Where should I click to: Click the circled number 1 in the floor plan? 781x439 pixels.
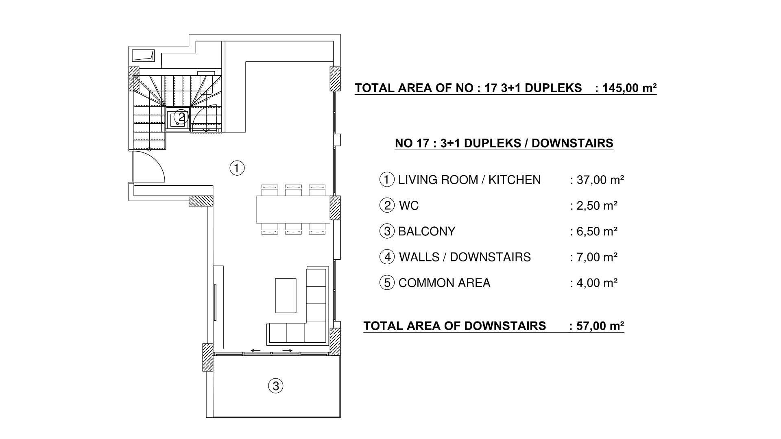(x=237, y=167)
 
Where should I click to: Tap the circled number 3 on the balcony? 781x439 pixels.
(x=275, y=386)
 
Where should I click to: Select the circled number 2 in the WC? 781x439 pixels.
(x=181, y=117)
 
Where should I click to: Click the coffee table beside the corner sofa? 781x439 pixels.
(x=286, y=295)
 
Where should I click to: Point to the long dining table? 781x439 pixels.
(x=293, y=209)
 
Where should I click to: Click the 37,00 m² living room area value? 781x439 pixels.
(x=600, y=180)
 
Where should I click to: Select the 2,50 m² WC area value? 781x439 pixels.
(x=597, y=206)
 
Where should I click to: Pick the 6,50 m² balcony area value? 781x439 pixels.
(x=597, y=231)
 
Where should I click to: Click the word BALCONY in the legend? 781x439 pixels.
(x=427, y=231)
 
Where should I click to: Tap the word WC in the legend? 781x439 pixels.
(x=409, y=206)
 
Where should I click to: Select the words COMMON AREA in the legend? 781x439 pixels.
(x=444, y=283)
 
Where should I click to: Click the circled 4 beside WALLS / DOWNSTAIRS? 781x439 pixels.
(x=387, y=257)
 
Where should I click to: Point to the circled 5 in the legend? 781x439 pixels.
(x=387, y=283)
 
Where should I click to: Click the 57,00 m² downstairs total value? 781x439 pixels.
(x=600, y=326)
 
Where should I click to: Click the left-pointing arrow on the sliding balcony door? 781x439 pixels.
(x=256, y=350)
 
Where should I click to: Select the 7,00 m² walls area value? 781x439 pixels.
(x=597, y=257)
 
